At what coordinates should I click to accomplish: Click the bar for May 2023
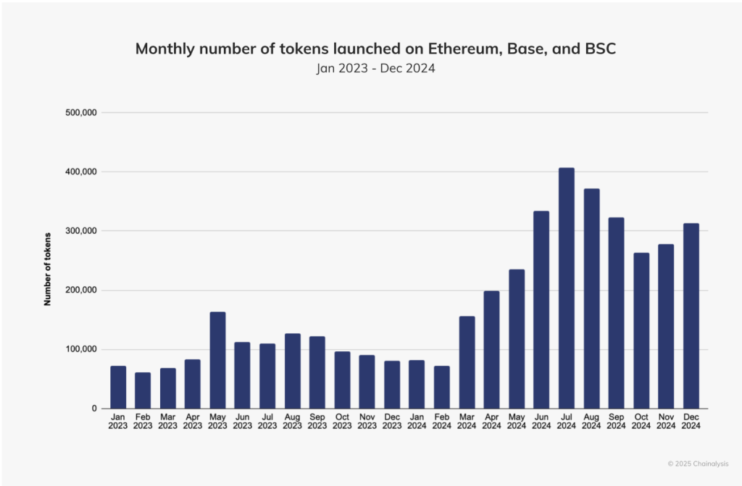click(217, 360)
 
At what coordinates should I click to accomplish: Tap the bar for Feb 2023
click(143, 390)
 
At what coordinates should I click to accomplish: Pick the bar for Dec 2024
click(691, 316)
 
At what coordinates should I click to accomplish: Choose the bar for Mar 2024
click(467, 362)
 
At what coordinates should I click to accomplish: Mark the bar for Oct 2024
click(641, 330)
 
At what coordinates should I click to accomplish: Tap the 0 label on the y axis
click(93, 409)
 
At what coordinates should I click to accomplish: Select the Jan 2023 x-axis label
click(118, 422)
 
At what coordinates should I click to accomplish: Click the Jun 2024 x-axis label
click(541, 422)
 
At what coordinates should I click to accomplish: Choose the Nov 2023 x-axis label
click(367, 422)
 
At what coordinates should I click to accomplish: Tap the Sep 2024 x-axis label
click(616, 422)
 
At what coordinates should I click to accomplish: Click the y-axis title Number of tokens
click(48, 269)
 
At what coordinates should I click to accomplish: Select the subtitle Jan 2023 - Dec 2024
click(370, 70)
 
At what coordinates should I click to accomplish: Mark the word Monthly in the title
click(167, 49)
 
